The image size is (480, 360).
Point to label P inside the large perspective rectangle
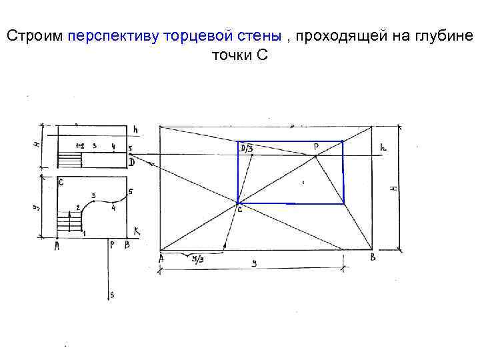tap(315, 145)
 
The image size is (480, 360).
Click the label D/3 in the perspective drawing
tap(245, 148)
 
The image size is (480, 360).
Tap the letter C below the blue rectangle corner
tap(239, 210)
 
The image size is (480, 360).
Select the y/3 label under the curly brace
tap(199, 261)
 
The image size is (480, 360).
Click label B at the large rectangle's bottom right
tap(373, 257)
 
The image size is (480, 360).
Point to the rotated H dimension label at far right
tap(393, 189)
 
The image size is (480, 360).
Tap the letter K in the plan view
tap(136, 231)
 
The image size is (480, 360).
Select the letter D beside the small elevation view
tap(131, 162)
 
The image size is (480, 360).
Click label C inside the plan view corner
tap(61, 181)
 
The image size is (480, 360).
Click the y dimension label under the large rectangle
tap(253, 264)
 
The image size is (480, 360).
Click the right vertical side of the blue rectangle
tap(343, 172)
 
